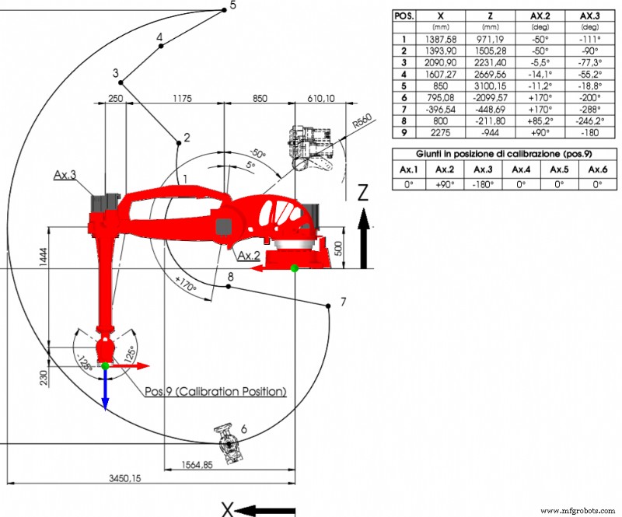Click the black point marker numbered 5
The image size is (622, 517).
[224, 8]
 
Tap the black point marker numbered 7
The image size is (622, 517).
[330, 306]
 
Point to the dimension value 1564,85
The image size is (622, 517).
[197, 465]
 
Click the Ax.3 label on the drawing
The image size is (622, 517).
[65, 175]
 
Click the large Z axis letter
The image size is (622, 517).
[362, 193]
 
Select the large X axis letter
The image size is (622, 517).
[227, 509]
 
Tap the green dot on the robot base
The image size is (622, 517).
[294, 269]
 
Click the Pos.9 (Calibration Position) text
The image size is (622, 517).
[215, 391]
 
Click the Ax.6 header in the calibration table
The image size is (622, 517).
[597, 169]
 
